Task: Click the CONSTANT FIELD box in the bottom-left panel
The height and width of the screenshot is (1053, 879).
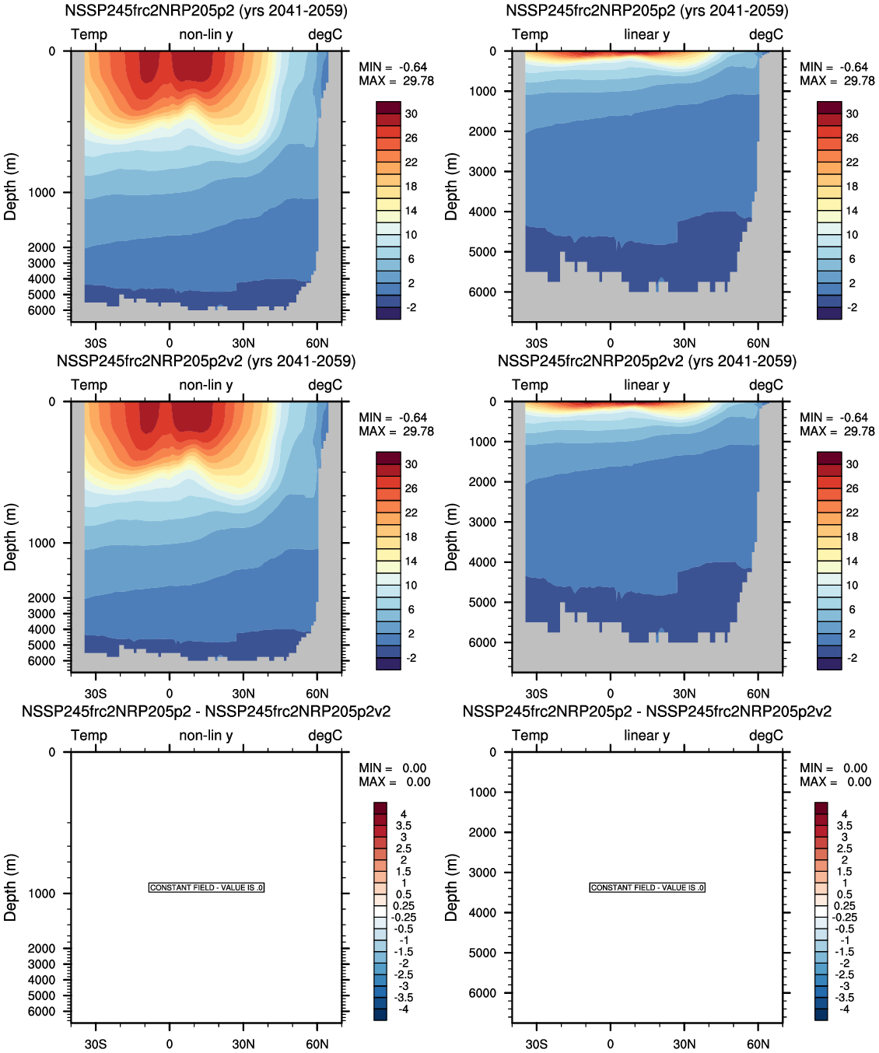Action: [x=206, y=887]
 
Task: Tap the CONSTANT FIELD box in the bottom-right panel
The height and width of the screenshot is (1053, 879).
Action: [x=647, y=887]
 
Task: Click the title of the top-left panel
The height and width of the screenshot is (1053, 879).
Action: [x=206, y=11]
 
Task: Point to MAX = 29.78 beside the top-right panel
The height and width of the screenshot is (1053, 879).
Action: [x=837, y=81]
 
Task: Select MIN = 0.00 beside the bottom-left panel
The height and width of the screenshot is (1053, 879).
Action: [x=393, y=768]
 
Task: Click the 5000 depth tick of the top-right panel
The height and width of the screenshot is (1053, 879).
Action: [x=482, y=252]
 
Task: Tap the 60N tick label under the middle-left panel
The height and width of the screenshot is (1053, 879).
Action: [x=317, y=694]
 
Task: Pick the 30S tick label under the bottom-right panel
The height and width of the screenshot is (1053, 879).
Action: [x=536, y=1044]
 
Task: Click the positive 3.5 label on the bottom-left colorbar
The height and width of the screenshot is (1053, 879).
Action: [x=404, y=826]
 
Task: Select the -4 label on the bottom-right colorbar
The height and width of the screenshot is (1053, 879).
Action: [x=845, y=1009]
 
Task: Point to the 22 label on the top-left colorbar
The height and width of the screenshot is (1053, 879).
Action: [x=411, y=162]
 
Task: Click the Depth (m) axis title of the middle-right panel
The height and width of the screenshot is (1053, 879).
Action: [x=451, y=537]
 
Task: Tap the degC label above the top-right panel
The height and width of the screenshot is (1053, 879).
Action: [x=766, y=34]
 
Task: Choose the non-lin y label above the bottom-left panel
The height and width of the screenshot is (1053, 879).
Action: [x=206, y=736]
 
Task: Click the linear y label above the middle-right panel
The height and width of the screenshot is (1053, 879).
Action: [x=646, y=385]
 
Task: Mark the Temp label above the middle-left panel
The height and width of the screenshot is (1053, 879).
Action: [x=89, y=385]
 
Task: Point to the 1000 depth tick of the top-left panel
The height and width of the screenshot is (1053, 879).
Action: [x=42, y=193]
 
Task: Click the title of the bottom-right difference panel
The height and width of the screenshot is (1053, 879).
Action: [x=647, y=712]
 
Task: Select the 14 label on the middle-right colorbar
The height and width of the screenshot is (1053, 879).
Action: [x=853, y=561]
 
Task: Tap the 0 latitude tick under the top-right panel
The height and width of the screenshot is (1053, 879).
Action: [x=611, y=343]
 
